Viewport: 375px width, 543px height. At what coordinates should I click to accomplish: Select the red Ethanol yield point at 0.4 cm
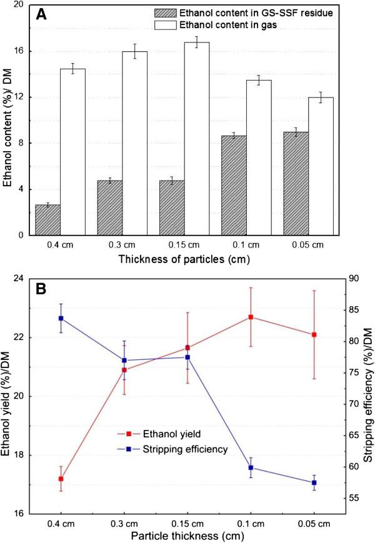point(61,479)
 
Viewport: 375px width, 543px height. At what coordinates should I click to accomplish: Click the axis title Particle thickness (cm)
point(187,536)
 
